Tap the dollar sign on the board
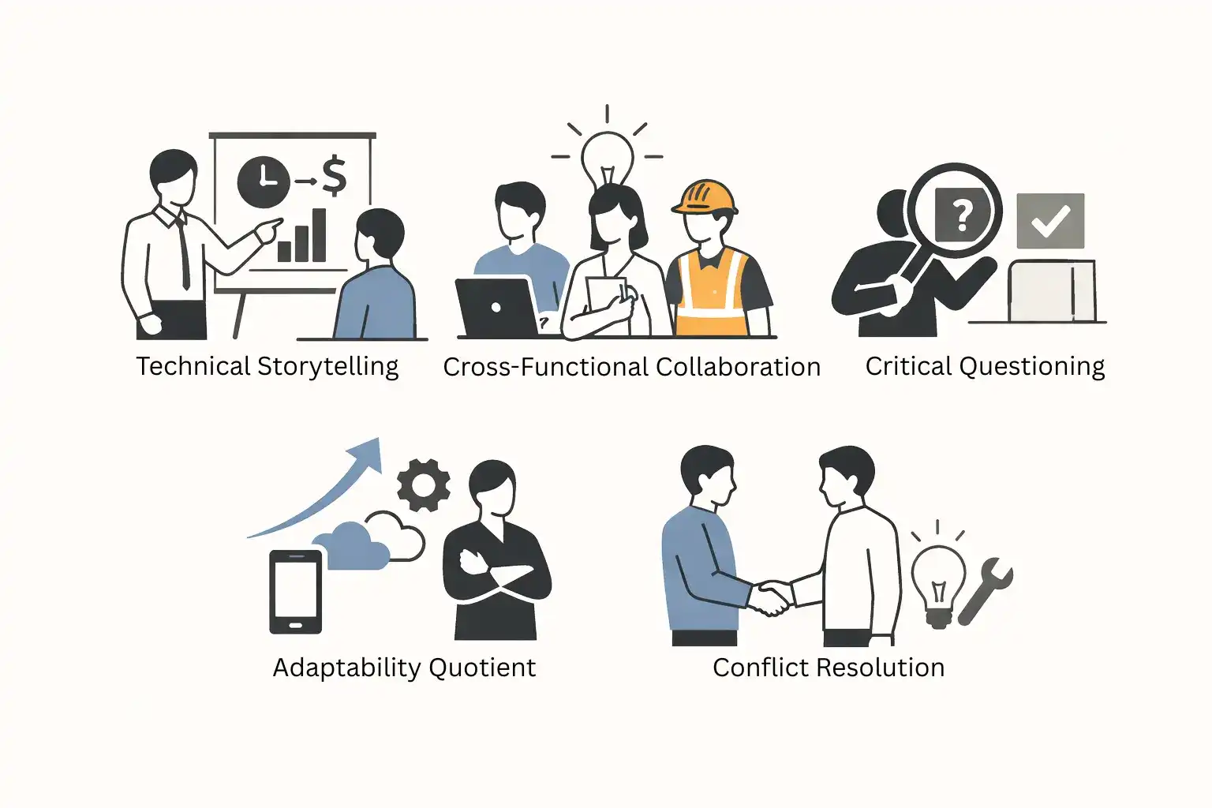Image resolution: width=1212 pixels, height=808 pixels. pyautogui.click(x=335, y=176)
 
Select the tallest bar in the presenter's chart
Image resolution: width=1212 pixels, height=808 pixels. pyautogui.click(x=320, y=235)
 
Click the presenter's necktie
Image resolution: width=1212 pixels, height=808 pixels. pyautogui.click(x=183, y=251)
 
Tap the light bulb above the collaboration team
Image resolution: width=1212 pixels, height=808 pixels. pyautogui.click(x=607, y=158)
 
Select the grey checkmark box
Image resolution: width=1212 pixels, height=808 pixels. pyautogui.click(x=1050, y=221)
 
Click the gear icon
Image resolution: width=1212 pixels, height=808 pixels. pyautogui.click(x=423, y=485)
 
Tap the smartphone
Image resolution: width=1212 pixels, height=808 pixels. pyautogui.click(x=295, y=592)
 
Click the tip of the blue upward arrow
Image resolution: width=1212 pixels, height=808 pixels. pyautogui.click(x=380, y=439)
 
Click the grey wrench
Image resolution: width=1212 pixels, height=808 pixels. pyautogui.click(x=986, y=592)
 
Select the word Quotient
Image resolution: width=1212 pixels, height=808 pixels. pyautogui.click(x=482, y=668)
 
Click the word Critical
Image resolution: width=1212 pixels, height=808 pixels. pyautogui.click(x=909, y=366)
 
